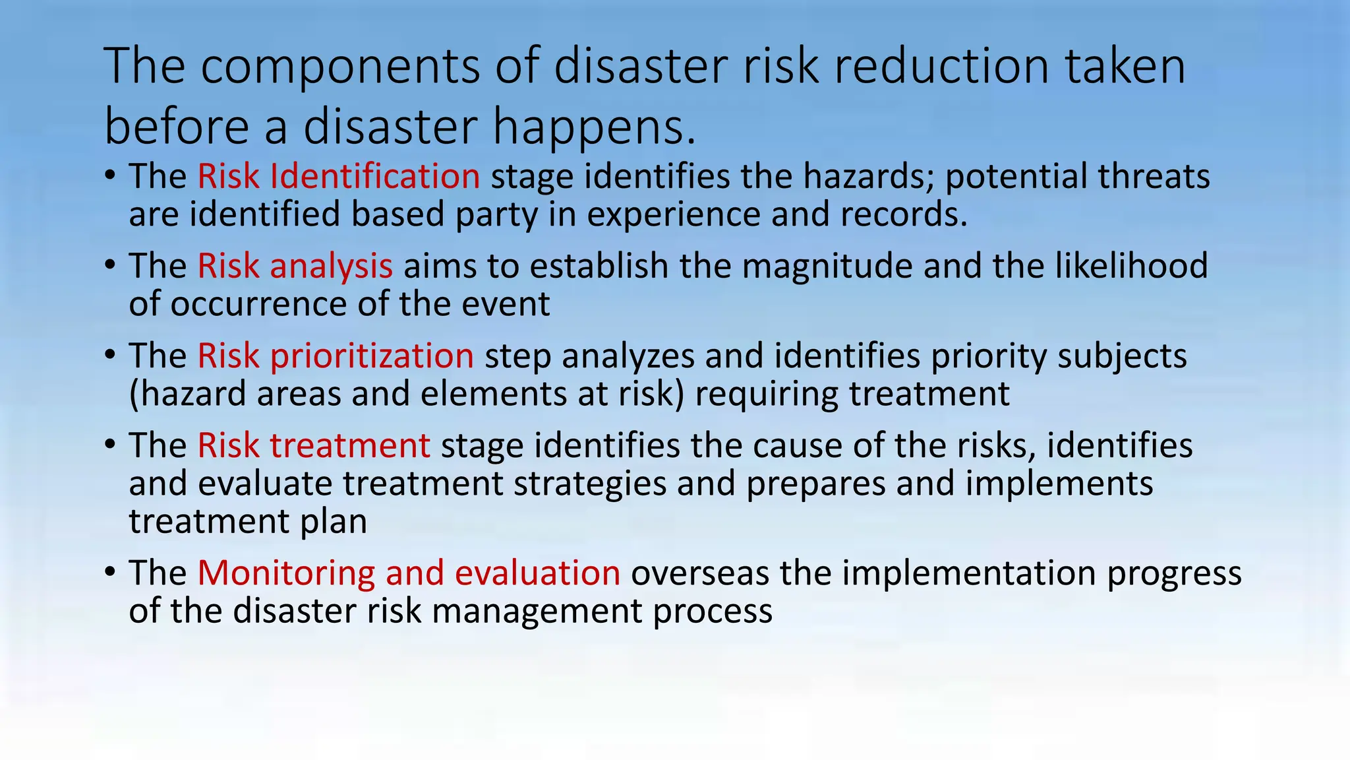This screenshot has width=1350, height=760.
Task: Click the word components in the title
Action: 340,67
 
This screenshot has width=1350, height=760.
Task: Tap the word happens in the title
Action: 593,128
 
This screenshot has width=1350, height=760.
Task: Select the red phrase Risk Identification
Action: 339,177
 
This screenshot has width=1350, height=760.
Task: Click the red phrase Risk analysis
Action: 295,267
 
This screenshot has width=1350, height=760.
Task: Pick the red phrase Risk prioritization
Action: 336,356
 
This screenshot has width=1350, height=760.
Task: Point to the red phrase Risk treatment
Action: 314,446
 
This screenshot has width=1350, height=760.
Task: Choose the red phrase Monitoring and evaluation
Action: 409,573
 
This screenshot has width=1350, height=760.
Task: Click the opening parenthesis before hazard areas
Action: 134,395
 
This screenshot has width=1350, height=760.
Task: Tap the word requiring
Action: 767,395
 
